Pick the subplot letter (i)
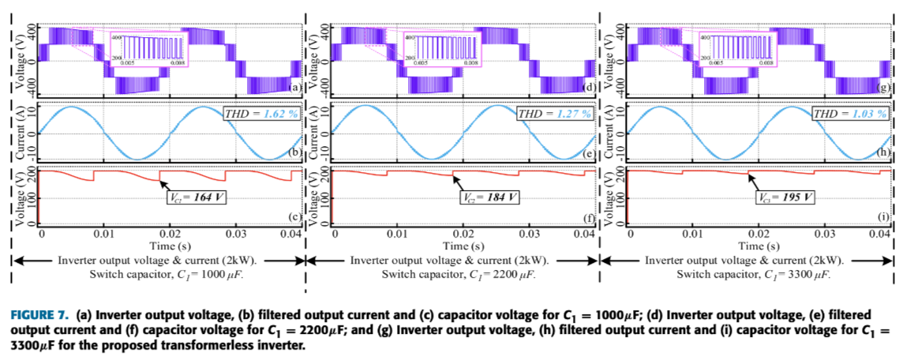(884, 216)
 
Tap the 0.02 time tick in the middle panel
(463, 234)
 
